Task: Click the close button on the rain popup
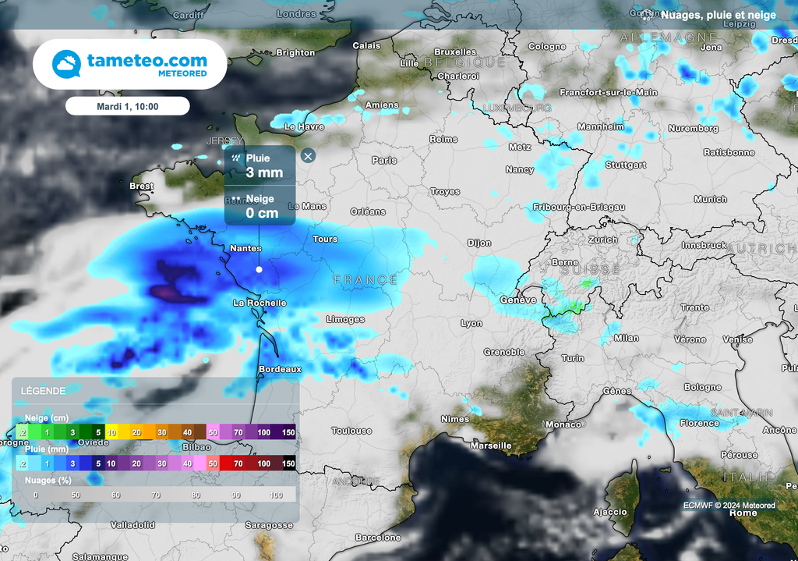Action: (x=308, y=156)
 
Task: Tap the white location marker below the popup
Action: (x=259, y=269)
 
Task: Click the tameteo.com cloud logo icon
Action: (x=66, y=64)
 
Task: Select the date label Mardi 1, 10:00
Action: (x=127, y=106)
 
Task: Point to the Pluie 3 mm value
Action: (x=264, y=172)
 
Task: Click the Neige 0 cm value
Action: (x=262, y=213)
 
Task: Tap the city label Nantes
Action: (x=245, y=248)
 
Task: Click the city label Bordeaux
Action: (x=280, y=369)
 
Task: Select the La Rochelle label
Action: (x=260, y=303)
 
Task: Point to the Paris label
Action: (x=384, y=160)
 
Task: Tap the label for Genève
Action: (x=517, y=300)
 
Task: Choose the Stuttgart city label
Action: (x=626, y=165)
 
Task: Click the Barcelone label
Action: (x=378, y=538)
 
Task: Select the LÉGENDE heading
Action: (x=43, y=390)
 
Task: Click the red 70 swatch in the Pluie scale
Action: (x=238, y=463)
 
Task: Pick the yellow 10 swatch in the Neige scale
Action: (x=111, y=432)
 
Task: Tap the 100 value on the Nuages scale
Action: (x=277, y=495)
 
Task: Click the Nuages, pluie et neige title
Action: (x=718, y=14)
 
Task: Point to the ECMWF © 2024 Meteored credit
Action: (x=729, y=506)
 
